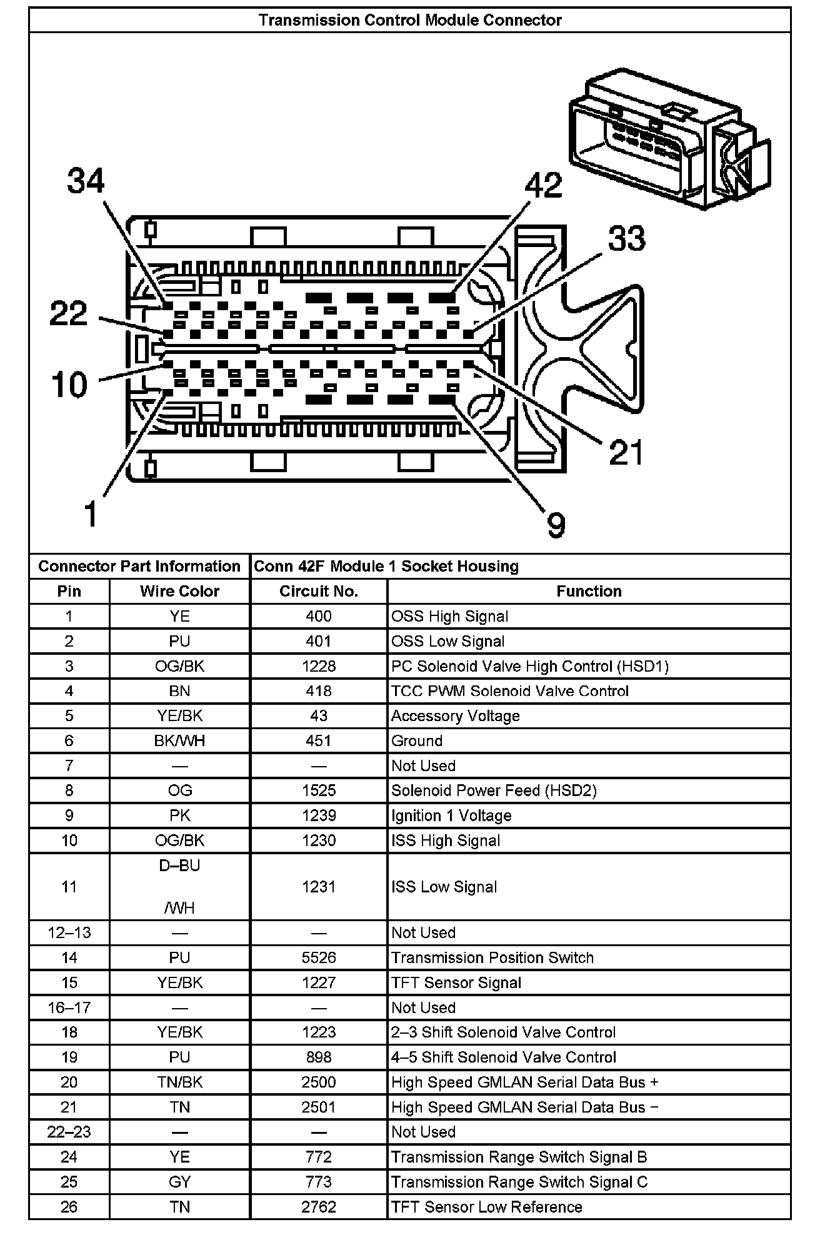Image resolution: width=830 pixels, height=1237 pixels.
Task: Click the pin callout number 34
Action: click(x=86, y=181)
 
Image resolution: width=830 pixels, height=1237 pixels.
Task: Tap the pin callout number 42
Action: click(x=543, y=186)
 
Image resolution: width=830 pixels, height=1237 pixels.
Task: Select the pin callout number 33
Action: click(x=626, y=239)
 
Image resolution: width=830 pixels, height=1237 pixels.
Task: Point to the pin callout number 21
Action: click(x=626, y=452)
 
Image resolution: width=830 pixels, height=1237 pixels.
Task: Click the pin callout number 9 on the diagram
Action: click(x=556, y=524)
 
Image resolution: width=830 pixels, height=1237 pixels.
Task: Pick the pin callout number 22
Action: click(x=69, y=313)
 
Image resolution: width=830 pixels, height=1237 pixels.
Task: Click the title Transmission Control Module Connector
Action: click(x=410, y=21)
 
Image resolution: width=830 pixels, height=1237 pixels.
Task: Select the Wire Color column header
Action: click(x=179, y=592)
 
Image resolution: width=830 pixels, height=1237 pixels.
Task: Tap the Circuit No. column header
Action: click(x=319, y=592)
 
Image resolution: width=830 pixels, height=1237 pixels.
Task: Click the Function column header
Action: click(x=589, y=592)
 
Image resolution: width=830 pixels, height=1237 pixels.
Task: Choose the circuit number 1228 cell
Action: click(x=319, y=667)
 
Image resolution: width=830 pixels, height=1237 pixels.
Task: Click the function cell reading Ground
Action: click(x=417, y=741)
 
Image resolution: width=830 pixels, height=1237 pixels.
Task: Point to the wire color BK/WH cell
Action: click(x=179, y=741)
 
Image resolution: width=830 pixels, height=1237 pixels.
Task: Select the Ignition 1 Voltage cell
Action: click(x=451, y=816)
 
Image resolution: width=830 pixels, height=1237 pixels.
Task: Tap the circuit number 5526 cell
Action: click(x=319, y=958)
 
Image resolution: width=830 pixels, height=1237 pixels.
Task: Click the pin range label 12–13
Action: click(x=69, y=933)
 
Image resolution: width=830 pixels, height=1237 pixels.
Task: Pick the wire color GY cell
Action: click(x=179, y=1183)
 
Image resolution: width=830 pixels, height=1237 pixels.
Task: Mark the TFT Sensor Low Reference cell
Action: click(x=486, y=1208)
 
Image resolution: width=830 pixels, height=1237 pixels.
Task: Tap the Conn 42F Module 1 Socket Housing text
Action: click(x=386, y=567)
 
